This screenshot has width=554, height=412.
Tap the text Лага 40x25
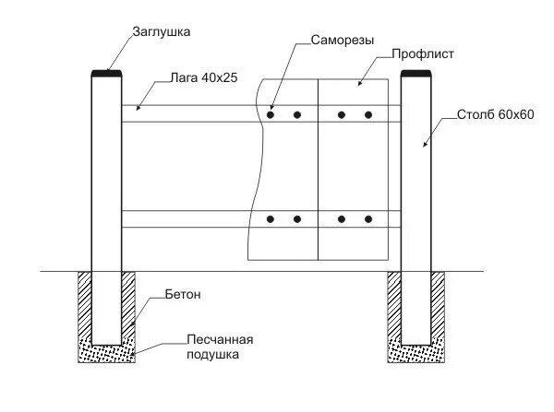coord(204,78)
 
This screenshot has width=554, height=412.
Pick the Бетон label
coord(184,295)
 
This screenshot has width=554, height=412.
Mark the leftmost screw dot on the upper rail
coord(271,115)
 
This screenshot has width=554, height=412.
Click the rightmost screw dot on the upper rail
coord(368,115)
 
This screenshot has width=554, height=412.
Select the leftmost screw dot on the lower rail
coord(271,219)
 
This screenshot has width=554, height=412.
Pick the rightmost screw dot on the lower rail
coord(368,219)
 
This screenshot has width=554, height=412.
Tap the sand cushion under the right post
coord(417,350)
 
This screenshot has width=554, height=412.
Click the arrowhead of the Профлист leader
coord(359,85)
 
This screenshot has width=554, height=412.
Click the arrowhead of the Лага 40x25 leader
coord(137,110)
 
